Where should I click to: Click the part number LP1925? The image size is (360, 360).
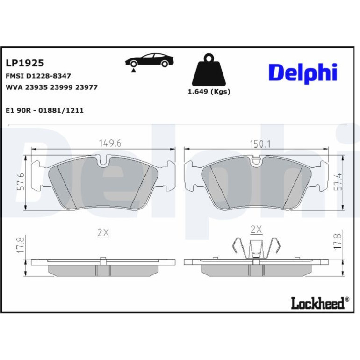(25, 63)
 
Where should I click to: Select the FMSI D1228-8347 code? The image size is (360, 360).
(38, 76)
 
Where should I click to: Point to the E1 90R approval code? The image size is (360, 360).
(44, 110)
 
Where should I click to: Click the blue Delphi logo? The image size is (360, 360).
(303, 73)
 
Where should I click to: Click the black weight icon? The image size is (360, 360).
(209, 70)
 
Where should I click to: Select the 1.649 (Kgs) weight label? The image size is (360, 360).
(209, 92)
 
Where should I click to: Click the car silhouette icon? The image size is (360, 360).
(149, 60)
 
